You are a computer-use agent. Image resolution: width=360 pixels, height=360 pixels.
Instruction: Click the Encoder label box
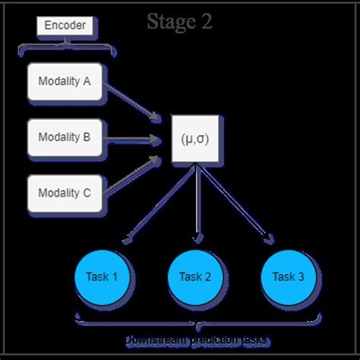coord(65,26)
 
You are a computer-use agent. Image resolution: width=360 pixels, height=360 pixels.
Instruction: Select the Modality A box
coord(65,82)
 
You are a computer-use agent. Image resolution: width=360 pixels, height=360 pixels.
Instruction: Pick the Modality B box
coord(65,137)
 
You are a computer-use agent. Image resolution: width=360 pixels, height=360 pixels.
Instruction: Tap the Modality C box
coord(65,193)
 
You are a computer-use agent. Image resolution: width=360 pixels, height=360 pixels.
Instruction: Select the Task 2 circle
coord(195,276)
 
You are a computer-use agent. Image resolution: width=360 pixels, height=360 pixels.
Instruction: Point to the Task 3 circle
coord(288,276)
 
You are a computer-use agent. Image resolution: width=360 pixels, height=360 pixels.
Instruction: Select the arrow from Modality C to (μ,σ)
coord(133,175)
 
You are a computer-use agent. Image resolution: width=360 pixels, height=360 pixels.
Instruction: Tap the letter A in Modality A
coord(87,82)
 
